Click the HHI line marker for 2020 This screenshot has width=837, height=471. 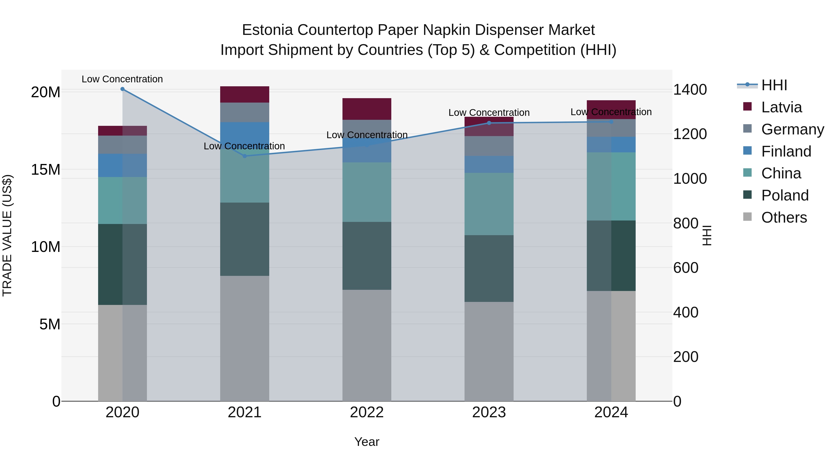[123, 89]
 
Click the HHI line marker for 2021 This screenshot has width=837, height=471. [245, 156]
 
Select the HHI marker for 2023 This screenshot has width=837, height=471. [489, 123]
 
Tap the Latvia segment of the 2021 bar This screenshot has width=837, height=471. [245, 95]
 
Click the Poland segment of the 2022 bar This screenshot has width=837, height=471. [367, 256]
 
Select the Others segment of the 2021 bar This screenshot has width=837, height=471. [245, 338]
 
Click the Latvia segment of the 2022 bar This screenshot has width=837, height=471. [367, 109]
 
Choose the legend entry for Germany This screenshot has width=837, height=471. [793, 129]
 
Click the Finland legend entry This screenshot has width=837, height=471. [786, 151]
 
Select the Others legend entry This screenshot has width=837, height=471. [784, 217]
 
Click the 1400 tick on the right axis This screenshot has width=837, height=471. [690, 90]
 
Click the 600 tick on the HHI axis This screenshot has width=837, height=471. [686, 268]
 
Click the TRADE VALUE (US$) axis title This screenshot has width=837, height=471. [7, 235]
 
